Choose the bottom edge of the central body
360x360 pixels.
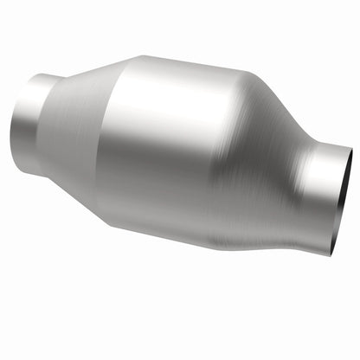[182, 245]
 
